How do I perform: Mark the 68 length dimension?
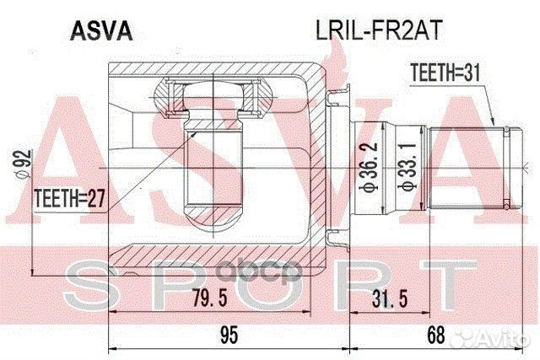[x=435, y=336]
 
